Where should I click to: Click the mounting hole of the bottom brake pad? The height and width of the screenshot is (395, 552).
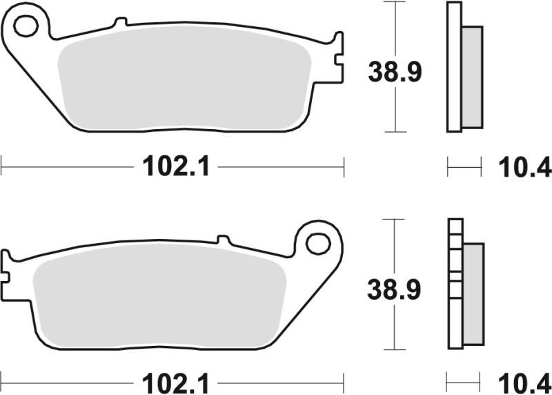(318, 243)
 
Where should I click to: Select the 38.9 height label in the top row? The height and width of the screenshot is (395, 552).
(394, 71)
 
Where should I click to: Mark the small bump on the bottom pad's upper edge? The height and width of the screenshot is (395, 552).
(223, 240)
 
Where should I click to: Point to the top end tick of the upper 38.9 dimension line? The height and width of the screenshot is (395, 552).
(394, 2)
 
